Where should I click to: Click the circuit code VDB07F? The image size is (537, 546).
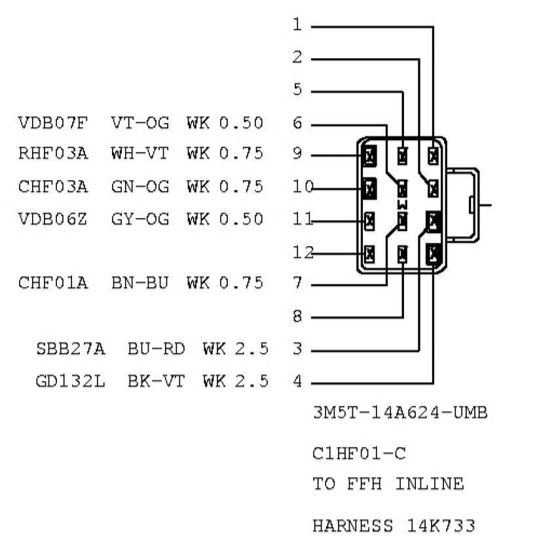(53, 122)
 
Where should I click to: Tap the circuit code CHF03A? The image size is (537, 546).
(53, 187)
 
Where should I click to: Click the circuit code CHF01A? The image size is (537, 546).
(53, 283)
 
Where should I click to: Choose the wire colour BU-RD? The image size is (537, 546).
(156, 349)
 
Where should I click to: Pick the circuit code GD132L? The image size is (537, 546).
(70, 381)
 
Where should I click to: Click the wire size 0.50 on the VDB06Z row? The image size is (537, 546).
(241, 219)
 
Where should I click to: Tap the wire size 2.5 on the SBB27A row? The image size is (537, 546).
(251, 349)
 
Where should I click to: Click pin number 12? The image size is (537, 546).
(302, 251)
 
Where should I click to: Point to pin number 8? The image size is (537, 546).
(297, 317)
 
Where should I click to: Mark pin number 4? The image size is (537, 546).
(297, 381)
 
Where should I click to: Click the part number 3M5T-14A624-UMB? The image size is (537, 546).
(400, 413)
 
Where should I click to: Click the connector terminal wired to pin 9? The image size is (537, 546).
(369, 156)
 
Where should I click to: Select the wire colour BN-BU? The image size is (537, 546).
(140, 283)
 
